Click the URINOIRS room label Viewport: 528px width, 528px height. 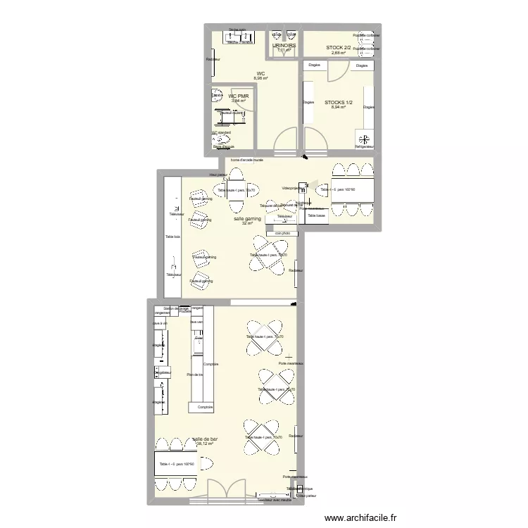pos(284,45)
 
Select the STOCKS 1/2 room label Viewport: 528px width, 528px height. pos(338,103)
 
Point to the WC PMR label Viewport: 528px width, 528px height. pos(238,96)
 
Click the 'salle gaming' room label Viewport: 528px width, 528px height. pos(247,219)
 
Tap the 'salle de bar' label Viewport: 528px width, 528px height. pos(205,439)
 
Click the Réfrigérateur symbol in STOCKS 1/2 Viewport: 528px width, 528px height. pos(364,138)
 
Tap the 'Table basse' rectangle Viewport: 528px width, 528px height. pos(316,216)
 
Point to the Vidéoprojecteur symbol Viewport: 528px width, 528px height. pos(301,188)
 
